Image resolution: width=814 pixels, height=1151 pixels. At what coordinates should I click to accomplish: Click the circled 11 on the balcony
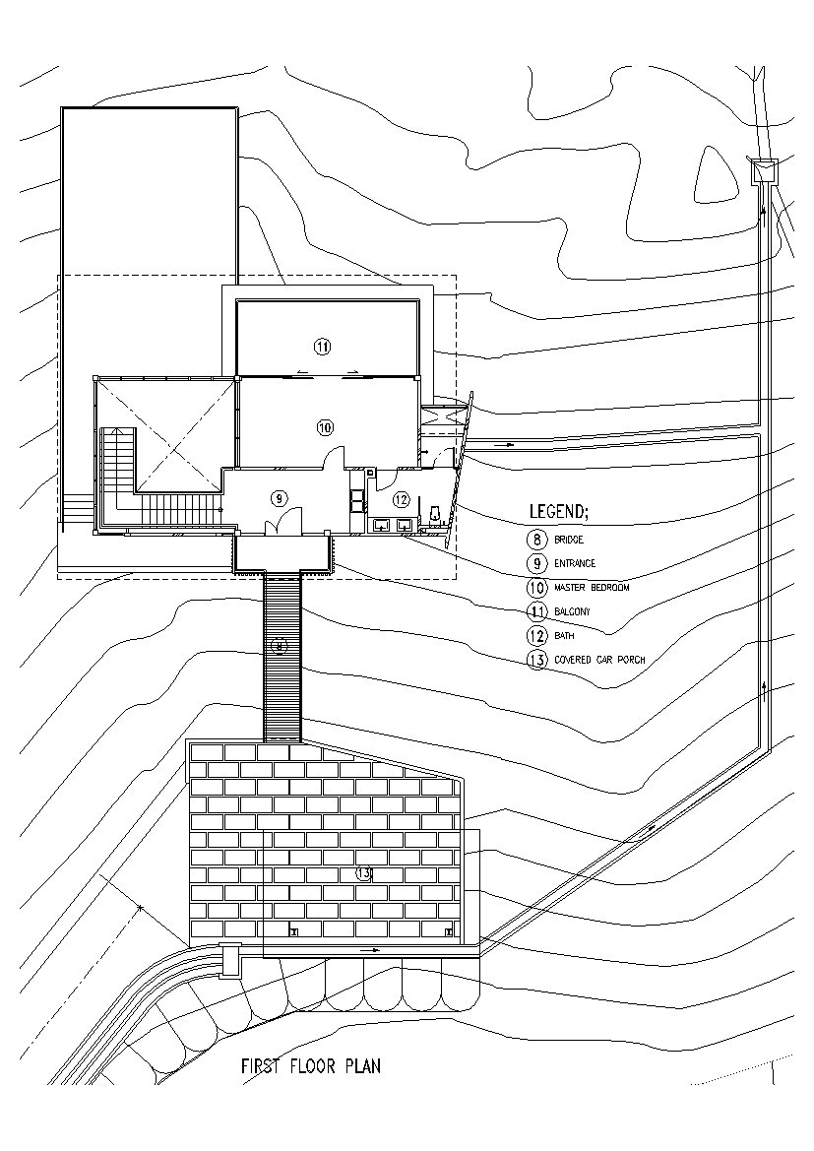(x=322, y=346)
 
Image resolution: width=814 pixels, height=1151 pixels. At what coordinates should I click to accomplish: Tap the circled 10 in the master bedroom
(x=326, y=426)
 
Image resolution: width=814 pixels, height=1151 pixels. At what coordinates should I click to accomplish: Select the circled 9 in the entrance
(x=279, y=497)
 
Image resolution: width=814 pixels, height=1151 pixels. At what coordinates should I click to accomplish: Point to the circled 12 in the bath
(x=401, y=499)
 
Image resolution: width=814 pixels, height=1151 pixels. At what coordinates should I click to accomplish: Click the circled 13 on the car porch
(x=363, y=872)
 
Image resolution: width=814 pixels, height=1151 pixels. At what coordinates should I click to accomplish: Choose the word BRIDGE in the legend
(x=569, y=540)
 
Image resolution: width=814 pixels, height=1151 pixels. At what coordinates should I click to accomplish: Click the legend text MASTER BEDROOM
(x=591, y=587)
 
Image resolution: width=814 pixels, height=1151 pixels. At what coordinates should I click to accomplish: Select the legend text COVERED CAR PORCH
(x=598, y=660)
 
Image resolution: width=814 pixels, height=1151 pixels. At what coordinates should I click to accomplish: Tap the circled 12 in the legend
(x=536, y=636)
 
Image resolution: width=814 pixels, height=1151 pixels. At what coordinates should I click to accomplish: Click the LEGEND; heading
(x=559, y=512)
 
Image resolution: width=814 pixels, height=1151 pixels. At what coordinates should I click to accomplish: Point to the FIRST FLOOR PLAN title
(x=311, y=1065)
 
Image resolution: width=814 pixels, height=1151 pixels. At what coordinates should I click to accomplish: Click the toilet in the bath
(x=434, y=514)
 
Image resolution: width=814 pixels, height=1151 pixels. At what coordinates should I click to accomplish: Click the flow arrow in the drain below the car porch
(x=370, y=950)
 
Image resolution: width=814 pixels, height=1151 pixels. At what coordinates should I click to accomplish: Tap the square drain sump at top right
(x=764, y=171)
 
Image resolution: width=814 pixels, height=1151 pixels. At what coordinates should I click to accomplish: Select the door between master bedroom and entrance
(x=335, y=458)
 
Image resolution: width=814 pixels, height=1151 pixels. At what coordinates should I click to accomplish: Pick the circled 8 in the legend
(x=536, y=540)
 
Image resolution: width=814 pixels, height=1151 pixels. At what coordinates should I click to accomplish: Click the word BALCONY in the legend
(x=572, y=611)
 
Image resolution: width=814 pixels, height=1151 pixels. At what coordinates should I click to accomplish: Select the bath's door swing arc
(x=445, y=457)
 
